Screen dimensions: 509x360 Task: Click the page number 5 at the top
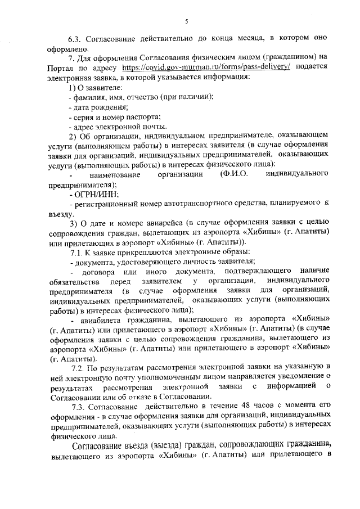pyautogui.click(x=186, y=22)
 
